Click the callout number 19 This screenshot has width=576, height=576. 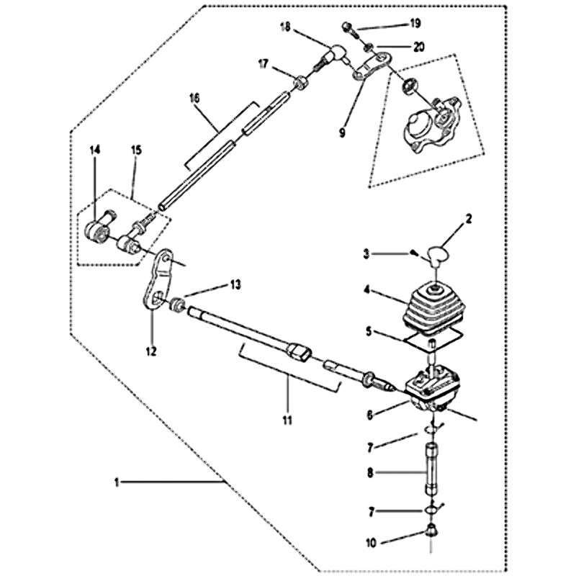415,24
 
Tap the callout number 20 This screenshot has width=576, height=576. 418,47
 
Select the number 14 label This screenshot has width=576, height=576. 95,150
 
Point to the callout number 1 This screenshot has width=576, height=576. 117,482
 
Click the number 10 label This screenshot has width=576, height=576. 372,543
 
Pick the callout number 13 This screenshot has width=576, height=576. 235,284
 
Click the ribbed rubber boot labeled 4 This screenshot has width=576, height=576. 435,308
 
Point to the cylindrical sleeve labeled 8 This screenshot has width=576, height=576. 431,469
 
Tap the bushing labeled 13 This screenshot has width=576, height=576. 176,305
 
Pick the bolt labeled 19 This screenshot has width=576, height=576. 350,30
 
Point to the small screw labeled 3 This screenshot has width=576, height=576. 413,253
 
